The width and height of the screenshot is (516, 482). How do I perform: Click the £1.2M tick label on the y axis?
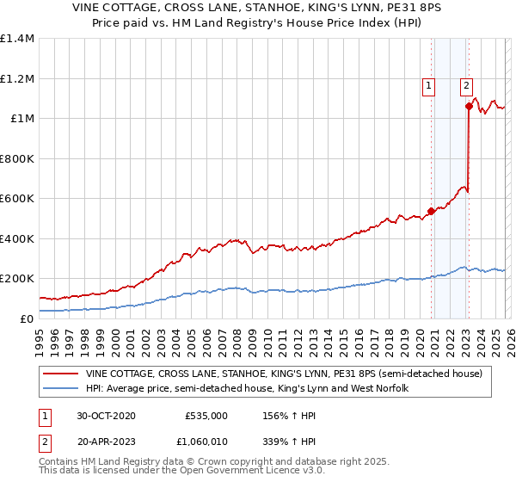pos(17,78)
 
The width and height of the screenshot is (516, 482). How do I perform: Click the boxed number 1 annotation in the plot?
pos(428,85)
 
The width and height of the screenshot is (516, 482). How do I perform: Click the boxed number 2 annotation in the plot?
pos(466,85)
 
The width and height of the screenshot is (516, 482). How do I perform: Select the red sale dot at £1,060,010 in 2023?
pos(469,107)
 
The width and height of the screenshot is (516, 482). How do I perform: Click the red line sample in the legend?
pos(61,374)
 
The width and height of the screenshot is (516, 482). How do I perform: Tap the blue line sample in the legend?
pos(61,389)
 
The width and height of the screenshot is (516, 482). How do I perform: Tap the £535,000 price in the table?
pos(206,415)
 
